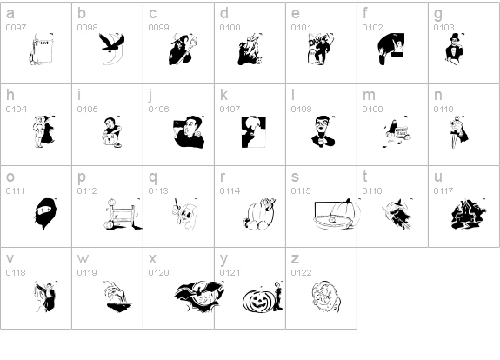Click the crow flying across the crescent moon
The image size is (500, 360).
click(x=111, y=43)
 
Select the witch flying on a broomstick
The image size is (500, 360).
click(x=397, y=214)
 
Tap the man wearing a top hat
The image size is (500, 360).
click(x=454, y=49)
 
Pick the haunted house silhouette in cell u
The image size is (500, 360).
click(x=469, y=214)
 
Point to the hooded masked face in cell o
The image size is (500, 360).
click(x=45, y=214)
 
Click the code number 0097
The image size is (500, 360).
click(x=16, y=28)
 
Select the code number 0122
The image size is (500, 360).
click(x=301, y=273)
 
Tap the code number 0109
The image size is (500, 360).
click(x=372, y=110)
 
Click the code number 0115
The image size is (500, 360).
click(x=301, y=191)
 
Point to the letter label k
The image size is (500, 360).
click(x=223, y=95)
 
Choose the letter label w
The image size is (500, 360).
click(x=83, y=259)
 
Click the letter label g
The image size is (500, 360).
click(x=438, y=14)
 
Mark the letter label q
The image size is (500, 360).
click(x=153, y=177)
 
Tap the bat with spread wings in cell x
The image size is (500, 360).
click(x=200, y=297)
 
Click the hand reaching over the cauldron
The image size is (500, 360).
click(x=117, y=293)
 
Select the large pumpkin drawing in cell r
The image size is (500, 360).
click(x=260, y=214)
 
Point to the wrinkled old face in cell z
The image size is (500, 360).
click(x=327, y=297)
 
